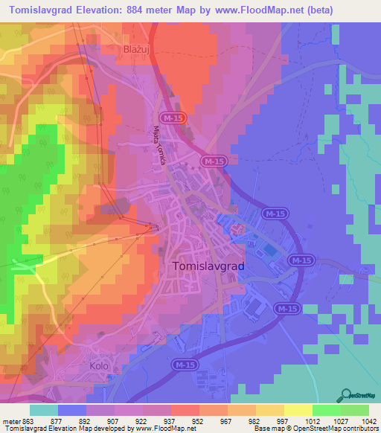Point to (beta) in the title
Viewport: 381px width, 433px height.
point(315,10)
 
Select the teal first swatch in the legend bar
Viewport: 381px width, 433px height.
point(44,410)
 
